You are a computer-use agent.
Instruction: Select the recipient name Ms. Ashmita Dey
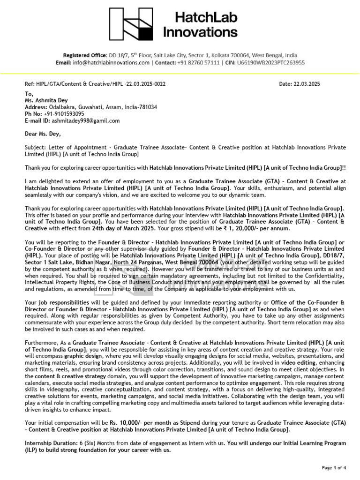coord(46,100)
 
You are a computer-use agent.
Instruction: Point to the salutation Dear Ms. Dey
coord(43,134)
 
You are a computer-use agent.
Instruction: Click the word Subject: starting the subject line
coord(34,147)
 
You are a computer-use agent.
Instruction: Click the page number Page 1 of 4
coord(334,467)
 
